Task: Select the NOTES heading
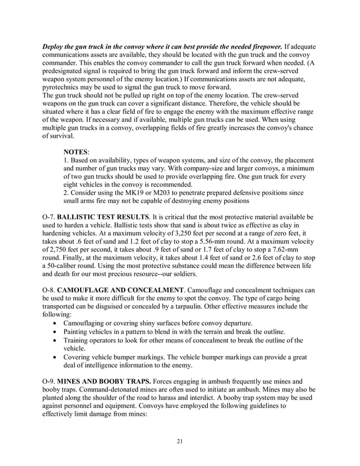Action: coord(75,152)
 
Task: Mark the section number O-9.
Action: coord(49,373)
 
